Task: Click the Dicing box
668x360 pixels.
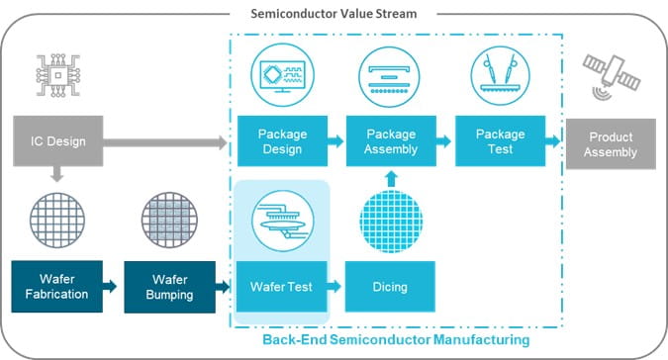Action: [x=391, y=287]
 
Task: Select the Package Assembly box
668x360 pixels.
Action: [x=391, y=142]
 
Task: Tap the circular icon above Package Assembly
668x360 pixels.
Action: [x=391, y=75]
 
